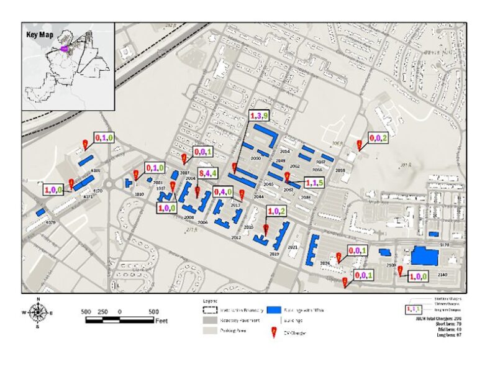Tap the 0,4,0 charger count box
click(x=224, y=191)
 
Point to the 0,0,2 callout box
click(x=378, y=138)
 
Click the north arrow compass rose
click(x=39, y=312)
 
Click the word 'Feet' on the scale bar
click(x=161, y=321)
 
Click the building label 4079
click(x=50, y=222)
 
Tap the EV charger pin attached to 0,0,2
click(x=359, y=145)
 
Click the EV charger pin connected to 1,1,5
click(x=286, y=177)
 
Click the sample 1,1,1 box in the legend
click(x=414, y=309)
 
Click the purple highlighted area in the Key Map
click(x=64, y=47)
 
